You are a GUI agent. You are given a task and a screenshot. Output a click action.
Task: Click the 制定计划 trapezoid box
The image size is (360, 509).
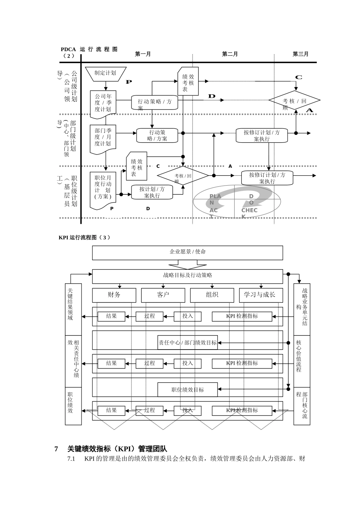point(105,73)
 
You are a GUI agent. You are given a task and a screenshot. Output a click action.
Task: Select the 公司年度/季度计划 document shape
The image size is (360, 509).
point(103,103)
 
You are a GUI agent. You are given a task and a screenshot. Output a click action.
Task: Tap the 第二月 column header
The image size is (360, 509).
point(230,54)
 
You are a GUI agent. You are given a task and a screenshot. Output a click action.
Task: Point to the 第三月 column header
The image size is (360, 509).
point(300,54)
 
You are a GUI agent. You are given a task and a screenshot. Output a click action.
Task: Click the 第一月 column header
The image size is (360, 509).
point(143,54)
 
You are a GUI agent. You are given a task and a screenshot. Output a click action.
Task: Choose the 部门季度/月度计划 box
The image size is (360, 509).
point(103,137)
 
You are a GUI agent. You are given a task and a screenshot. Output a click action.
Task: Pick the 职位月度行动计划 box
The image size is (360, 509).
point(103,189)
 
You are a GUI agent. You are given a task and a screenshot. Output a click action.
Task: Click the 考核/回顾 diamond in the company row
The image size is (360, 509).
point(294,101)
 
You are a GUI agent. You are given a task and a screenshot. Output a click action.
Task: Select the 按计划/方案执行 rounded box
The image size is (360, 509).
point(152,192)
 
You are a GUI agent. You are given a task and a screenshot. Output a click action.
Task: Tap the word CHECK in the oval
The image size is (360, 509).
point(249,211)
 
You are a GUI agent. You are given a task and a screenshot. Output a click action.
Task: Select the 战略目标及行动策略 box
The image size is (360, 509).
point(187,276)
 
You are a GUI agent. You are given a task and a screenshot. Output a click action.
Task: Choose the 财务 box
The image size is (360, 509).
point(114,295)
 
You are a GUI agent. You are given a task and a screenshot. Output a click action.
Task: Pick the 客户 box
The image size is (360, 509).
point(163,295)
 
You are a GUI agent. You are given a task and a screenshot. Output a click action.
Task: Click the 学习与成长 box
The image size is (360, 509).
point(261,295)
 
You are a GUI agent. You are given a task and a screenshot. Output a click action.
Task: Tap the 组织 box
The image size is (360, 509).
point(212,295)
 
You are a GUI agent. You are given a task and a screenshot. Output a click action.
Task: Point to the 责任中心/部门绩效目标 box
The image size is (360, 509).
point(188,343)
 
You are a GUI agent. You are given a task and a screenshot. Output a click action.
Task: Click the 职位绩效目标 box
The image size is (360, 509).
point(188,390)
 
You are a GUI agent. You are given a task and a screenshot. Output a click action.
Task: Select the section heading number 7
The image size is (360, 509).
point(56,449)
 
